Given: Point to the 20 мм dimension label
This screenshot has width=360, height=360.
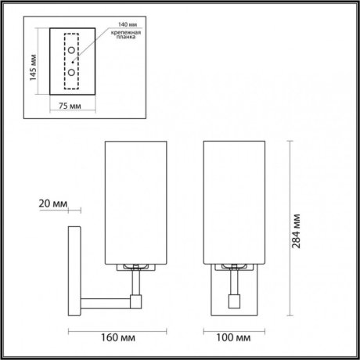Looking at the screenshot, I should click(x=52, y=204).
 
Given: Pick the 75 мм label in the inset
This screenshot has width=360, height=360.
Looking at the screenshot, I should click(x=71, y=105).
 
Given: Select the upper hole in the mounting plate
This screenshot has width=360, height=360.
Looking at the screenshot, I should click(x=72, y=52).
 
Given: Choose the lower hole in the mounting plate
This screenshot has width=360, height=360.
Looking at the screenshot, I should click(x=72, y=71).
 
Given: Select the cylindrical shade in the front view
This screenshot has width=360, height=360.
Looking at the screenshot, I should click(x=233, y=202).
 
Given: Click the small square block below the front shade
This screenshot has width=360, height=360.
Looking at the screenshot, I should click(x=233, y=300).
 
